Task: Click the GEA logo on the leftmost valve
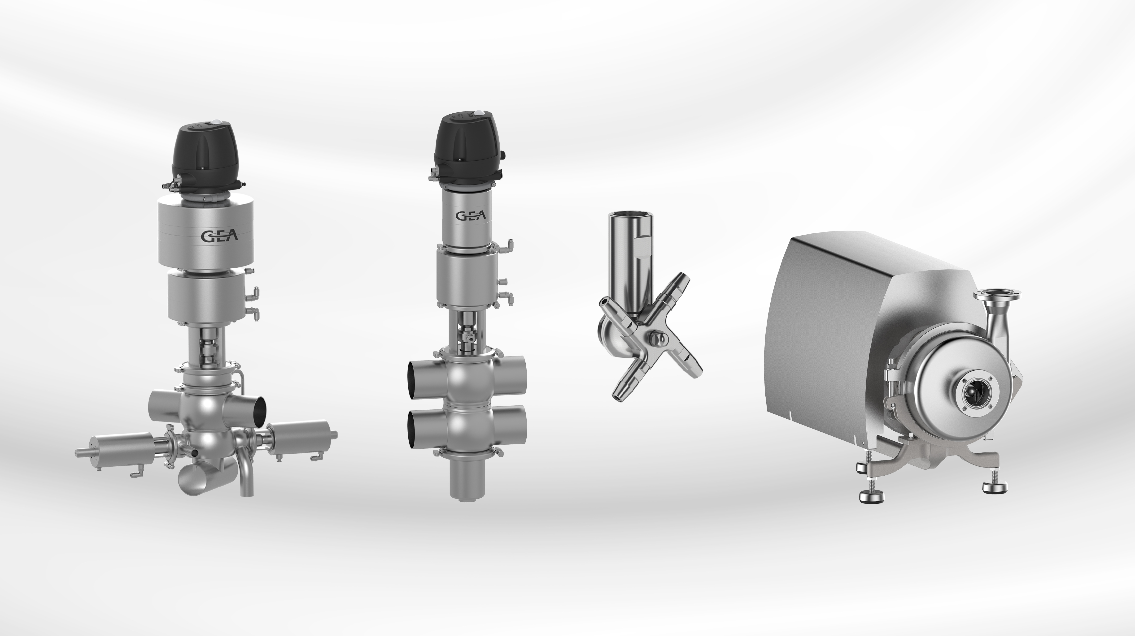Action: tap(219, 236)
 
